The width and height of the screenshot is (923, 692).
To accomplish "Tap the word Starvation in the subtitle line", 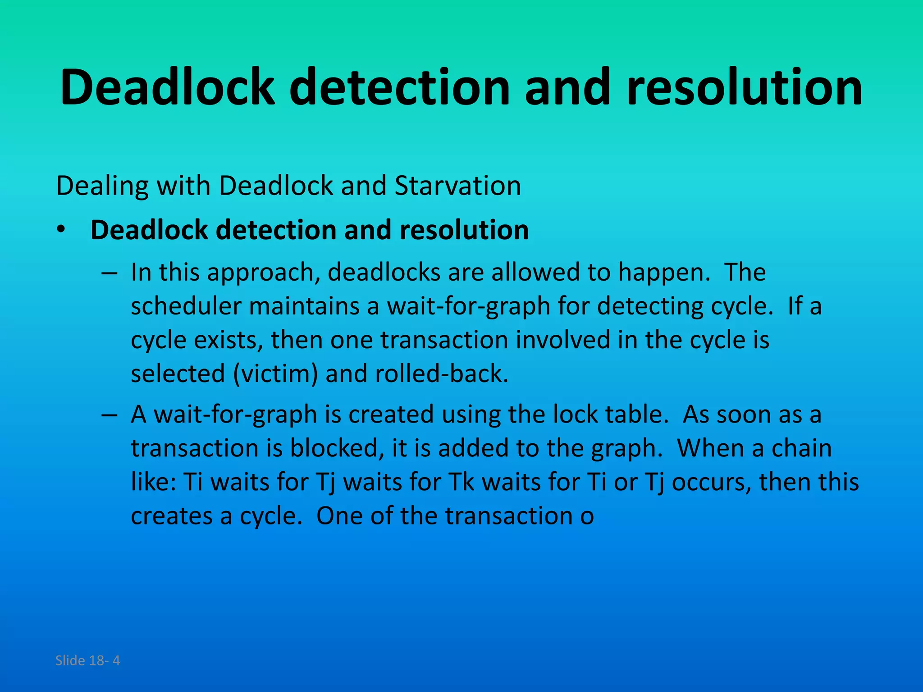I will tap(457, 186).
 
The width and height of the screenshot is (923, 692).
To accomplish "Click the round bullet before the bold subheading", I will tap(61, 230).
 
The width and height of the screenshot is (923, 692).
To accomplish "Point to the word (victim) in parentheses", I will tap(275, 374).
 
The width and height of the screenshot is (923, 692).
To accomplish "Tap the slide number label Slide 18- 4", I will tap(87, 660).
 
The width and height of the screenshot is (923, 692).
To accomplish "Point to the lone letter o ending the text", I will tap(587, 516).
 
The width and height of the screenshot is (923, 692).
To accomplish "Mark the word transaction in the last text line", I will tap(508, 516).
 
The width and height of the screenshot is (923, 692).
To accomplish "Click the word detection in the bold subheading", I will tap(276, 230).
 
